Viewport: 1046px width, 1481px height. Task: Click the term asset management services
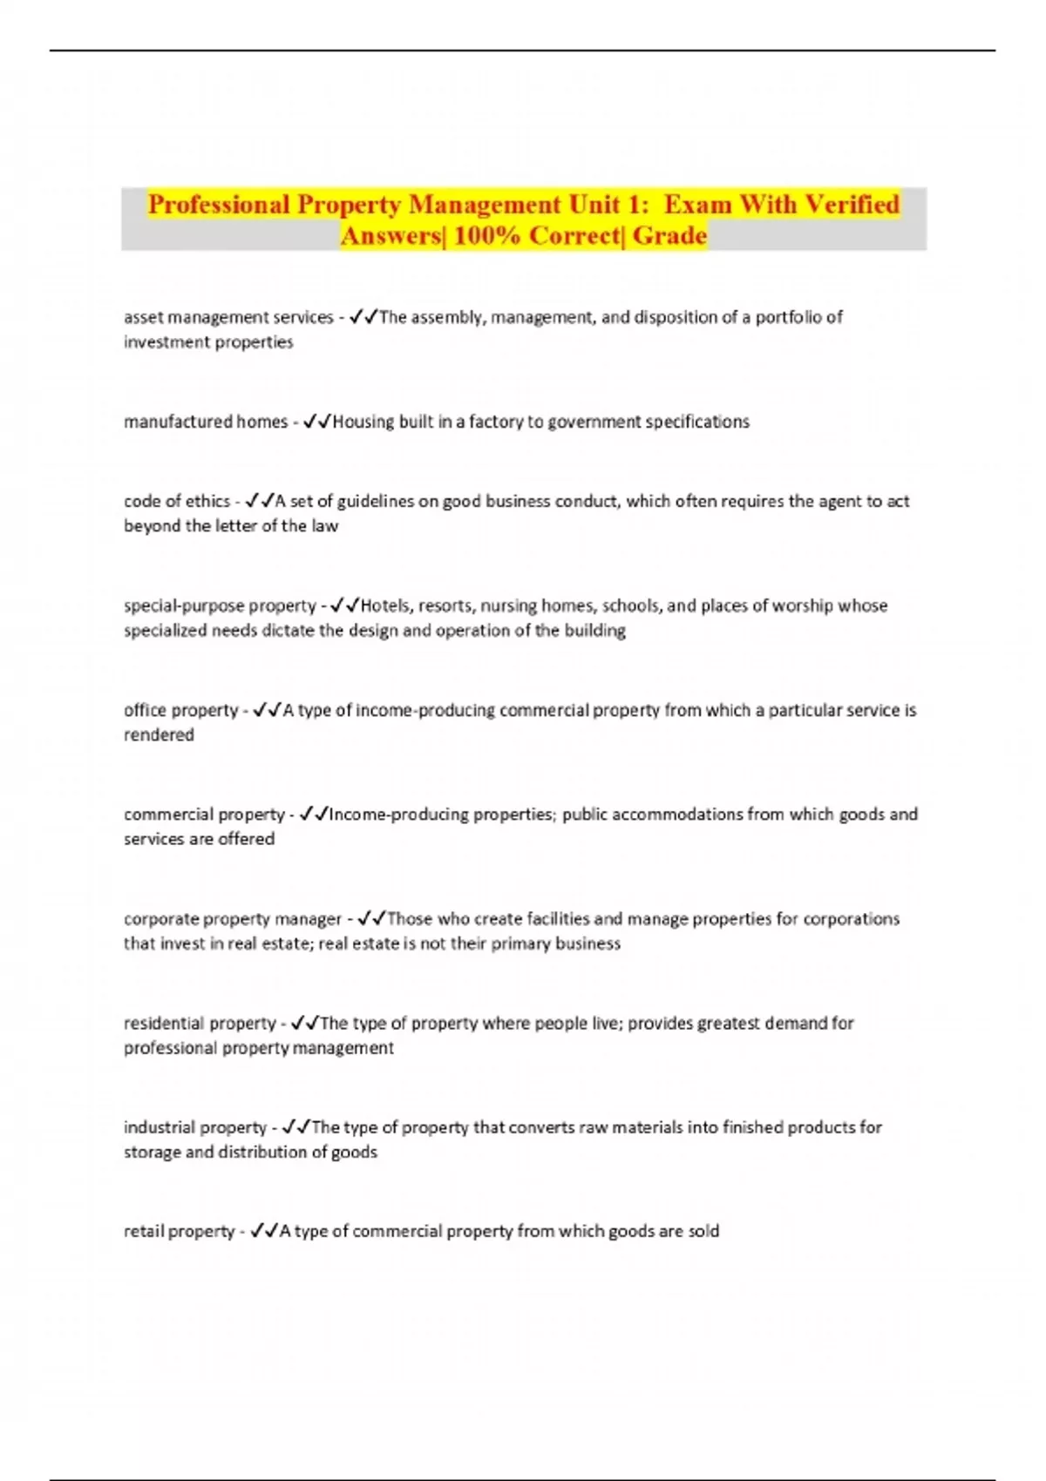point(228,317)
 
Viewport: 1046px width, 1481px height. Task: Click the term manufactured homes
point(206,422)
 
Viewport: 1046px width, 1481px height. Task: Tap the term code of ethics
point(177,501)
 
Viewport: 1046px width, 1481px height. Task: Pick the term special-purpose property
point(220,605)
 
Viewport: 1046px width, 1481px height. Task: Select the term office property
point(180,710)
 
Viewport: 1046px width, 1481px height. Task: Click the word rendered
point(159,734)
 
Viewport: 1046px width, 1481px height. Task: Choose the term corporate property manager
point(233,919)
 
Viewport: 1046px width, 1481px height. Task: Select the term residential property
point(200,1023)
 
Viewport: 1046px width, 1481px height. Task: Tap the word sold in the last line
point(703,1231)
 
